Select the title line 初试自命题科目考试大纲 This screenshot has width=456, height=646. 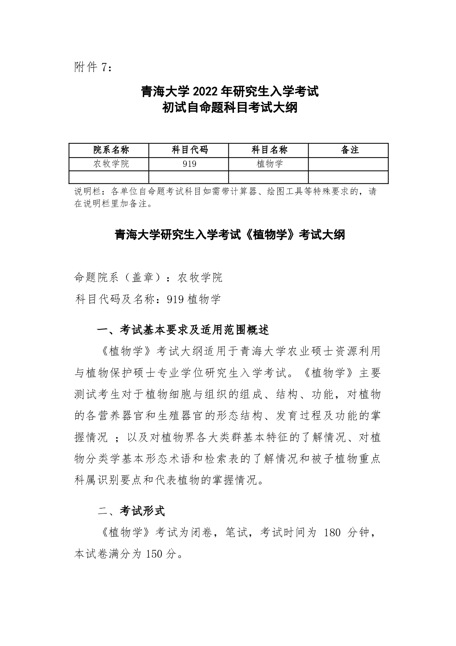coord(230,108)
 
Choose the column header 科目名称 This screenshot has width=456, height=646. coord(269,150)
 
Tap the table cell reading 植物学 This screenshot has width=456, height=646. coord(269,164)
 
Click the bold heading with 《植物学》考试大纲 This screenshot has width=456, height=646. coord(230,235)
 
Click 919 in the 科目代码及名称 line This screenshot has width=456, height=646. coord(175,299)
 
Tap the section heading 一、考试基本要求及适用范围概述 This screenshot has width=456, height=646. coord(183,330)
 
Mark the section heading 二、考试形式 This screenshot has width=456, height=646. coord(131,511)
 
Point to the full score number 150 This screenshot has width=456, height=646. coord(154,554)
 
